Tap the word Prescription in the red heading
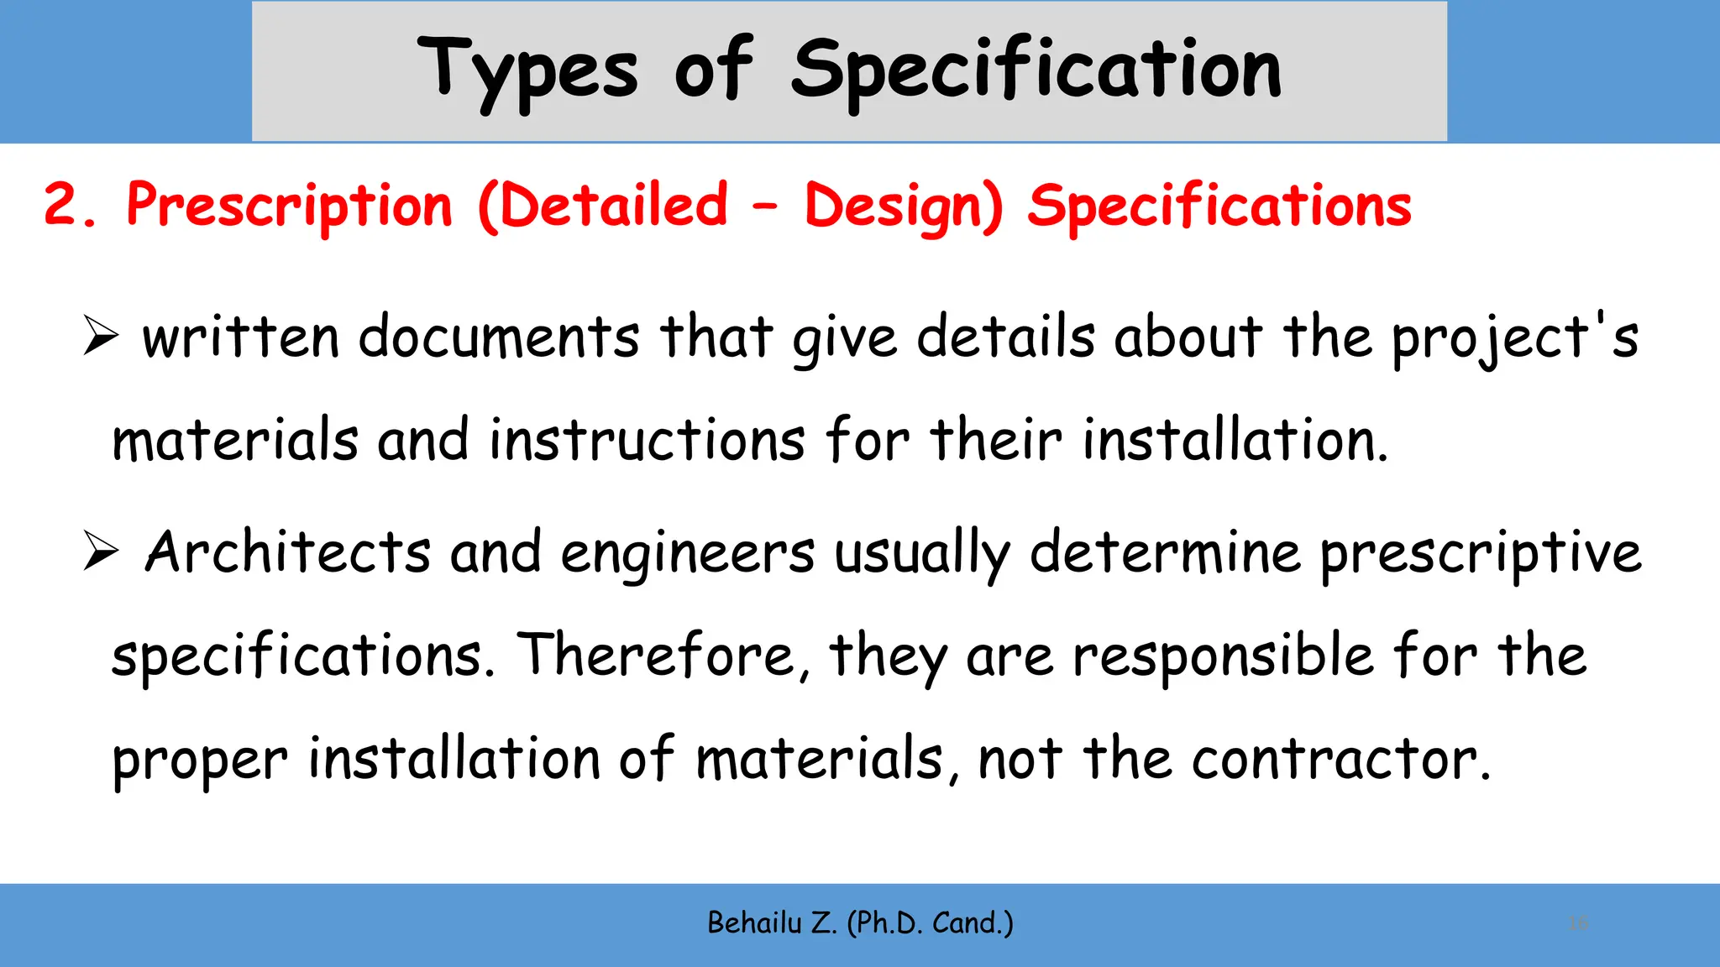289,206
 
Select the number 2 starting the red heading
60,205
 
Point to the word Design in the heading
904,206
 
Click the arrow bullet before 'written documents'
101,337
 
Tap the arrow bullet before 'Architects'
101,552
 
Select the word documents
499,337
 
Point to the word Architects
287,552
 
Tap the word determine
1165,552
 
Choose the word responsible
1223,656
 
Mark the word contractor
1340,759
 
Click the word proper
200,761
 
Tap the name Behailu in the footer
754,923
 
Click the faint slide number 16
1578,923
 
